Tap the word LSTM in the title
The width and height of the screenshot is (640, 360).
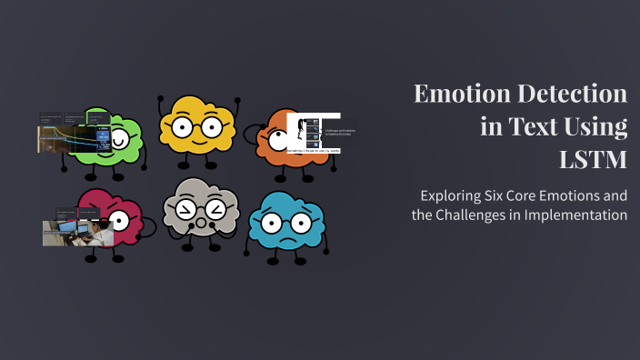tap(593, 160)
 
